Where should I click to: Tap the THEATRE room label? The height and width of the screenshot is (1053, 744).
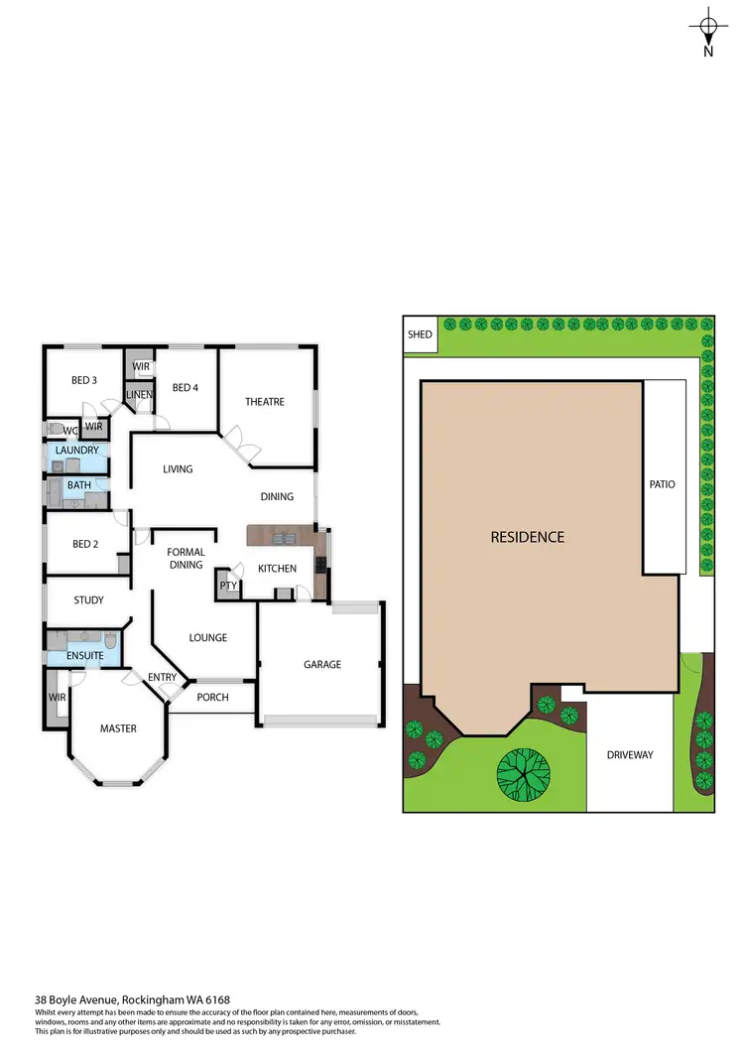pyautogui.click(x=265, y=402)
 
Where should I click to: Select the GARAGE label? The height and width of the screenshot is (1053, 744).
pyautogui.click(x=322, y=664)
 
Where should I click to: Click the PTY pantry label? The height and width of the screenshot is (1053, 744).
pyautogui.click(x=228, y=586)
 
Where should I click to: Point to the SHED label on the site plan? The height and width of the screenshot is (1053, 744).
pyautogui.click(x=420, y=334)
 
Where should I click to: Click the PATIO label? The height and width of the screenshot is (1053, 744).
pyautogui.click(x=662, y=484)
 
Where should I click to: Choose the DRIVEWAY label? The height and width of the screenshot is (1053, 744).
pyautogui.click(x=630, y=755)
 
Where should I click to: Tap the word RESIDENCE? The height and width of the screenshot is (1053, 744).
pyautogui.click(x=528, y=537)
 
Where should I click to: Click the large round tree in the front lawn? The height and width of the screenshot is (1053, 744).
pyautogui.click(x=523, y=772)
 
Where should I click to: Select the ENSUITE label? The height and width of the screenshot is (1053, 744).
pyautogui.click(x=84, y=656)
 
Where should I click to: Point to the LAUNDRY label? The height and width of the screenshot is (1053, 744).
pyautogui.click(x=77, y=451)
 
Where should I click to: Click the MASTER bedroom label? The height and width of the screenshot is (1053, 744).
pyautogui.click(x=118, y=728)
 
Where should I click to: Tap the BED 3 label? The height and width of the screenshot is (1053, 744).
pyautogui.click(x=84, y=380)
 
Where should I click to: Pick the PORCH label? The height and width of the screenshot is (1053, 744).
pyautogui.click(x=212, y=697)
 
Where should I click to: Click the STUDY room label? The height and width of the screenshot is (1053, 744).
pyautogui.click(x=88, y=600)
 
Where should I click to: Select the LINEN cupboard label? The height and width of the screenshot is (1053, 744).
pyautogui.click(x=139, y=396)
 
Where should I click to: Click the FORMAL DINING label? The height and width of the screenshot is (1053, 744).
pyautogui.click(x=186, y=559)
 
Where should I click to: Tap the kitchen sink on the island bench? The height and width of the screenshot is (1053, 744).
pyautogui.click(x=284, y=539)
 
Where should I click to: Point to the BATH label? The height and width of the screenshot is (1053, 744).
pyautogui.click(x=79, y=485)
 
